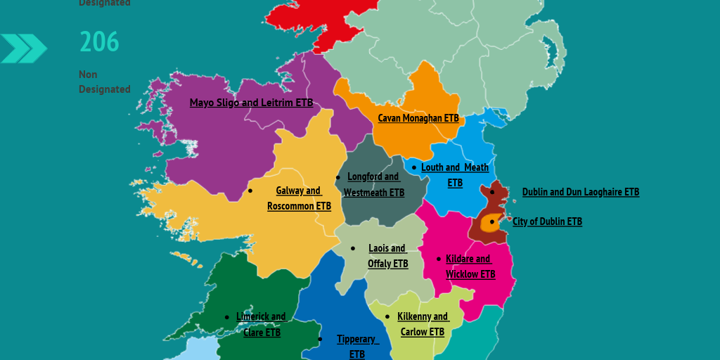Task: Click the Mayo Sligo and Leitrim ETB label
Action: (251, 103)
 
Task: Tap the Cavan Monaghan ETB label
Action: (418, 118)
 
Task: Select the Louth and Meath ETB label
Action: (455, 175)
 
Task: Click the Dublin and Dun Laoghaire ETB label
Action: (581, 192)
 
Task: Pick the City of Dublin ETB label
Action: (547, 221)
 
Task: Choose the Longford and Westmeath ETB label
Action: (373, 184)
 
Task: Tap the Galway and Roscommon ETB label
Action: (299, 198)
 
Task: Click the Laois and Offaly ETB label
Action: (387, 256)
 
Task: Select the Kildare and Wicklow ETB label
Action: (470, 266)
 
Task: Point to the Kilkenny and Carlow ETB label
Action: (423, 324)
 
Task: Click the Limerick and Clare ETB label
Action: (262, 324)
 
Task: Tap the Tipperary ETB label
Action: (357, 346)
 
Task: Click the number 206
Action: (99, 42)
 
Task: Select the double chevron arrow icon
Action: (24, 49)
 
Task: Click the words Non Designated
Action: (104, 82)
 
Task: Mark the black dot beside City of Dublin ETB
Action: (492, 221)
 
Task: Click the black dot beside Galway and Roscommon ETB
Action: (250, 191)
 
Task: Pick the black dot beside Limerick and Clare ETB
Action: (226, 317)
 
